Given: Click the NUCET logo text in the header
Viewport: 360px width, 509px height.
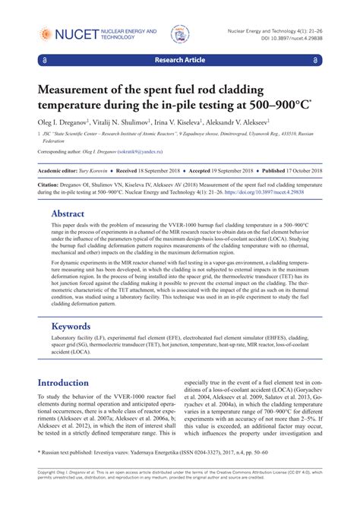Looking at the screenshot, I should [x=70, y=33].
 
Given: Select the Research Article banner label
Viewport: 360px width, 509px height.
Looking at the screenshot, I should [x=180, y=58].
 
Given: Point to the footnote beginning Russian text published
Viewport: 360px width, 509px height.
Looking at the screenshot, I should [x=144, y=472].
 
